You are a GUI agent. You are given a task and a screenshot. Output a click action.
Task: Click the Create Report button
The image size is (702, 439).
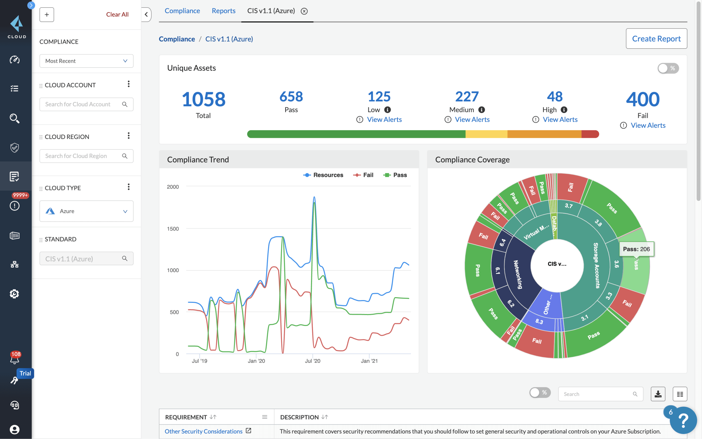656,39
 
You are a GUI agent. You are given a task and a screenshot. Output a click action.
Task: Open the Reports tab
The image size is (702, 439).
223,11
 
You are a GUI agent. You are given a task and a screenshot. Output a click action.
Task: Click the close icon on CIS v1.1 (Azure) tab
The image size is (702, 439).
304,11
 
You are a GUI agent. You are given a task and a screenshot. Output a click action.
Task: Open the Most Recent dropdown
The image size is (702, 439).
86,61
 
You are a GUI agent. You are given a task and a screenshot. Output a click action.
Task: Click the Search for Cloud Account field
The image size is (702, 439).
83,104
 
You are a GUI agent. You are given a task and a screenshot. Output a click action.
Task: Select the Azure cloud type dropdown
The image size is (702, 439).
86,211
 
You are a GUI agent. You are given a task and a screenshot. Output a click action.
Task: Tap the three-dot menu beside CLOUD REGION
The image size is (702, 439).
129,136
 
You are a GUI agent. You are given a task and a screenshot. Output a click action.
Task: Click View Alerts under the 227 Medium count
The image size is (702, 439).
472,119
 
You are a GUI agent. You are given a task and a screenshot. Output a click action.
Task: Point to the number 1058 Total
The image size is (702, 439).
203,99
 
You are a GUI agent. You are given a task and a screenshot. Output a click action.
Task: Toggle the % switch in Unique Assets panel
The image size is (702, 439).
667,68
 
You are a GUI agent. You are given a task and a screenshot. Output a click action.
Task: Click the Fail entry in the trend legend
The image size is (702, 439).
363,175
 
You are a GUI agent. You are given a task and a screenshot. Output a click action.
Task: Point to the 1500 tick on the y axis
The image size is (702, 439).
173,229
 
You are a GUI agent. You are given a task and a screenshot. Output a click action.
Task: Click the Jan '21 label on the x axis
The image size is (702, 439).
369,361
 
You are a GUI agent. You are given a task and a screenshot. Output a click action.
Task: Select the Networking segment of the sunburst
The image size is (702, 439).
518,274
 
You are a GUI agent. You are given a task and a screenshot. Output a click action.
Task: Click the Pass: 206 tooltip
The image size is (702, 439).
636,249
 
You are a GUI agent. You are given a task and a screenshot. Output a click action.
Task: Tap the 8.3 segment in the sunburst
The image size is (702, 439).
539,322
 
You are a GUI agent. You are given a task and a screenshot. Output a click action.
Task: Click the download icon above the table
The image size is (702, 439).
658,394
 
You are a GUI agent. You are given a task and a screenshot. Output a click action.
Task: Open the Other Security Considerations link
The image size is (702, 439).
203,431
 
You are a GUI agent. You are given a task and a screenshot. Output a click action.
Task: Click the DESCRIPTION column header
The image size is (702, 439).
299,417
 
